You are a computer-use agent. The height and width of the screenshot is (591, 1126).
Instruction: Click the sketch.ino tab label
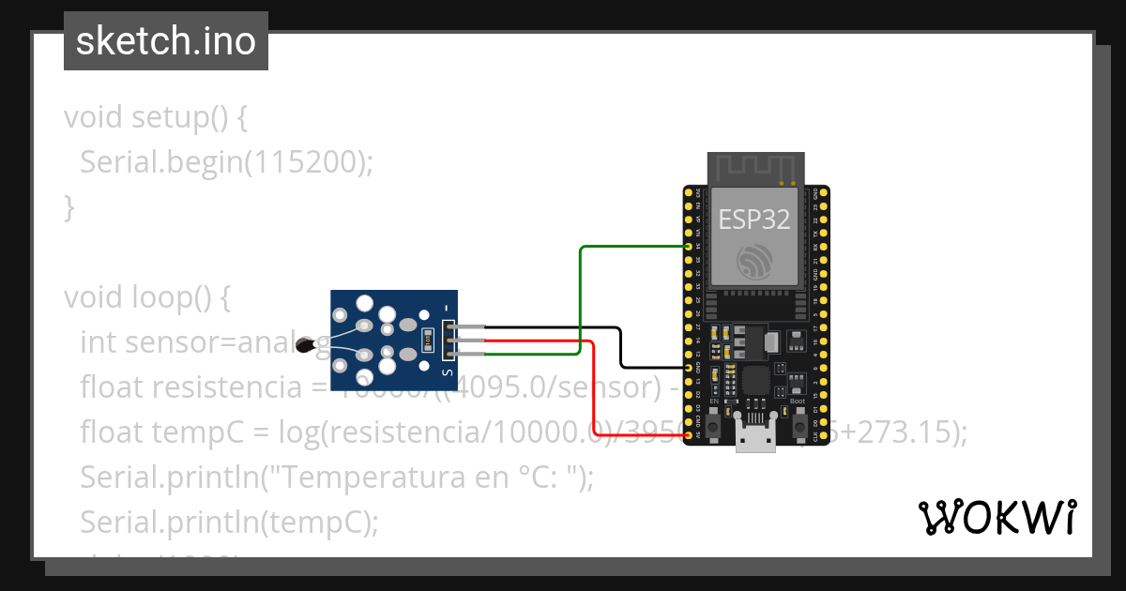[x=165, y=41]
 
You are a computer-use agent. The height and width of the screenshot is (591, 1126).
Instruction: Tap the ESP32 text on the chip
[x=754, y=220]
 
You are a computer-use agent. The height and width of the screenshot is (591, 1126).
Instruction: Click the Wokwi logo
[x=997, y=518]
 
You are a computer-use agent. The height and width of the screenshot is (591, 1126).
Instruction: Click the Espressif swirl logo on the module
[x=754, y=262]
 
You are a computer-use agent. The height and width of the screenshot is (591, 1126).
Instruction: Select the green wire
[x=581, y=300]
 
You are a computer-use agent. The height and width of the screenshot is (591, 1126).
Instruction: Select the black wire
[x=620, y=347]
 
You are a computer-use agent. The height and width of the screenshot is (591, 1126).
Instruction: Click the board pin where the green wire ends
[x=690, y=247]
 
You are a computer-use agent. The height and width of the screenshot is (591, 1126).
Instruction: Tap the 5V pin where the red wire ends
[x=690, y=436]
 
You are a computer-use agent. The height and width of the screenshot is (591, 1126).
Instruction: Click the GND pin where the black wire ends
[x=690, y=368]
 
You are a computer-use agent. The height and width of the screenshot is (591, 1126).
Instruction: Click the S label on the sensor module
[x=448, y=373]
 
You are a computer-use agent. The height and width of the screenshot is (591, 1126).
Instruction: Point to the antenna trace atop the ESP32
[x=755, y=170]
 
